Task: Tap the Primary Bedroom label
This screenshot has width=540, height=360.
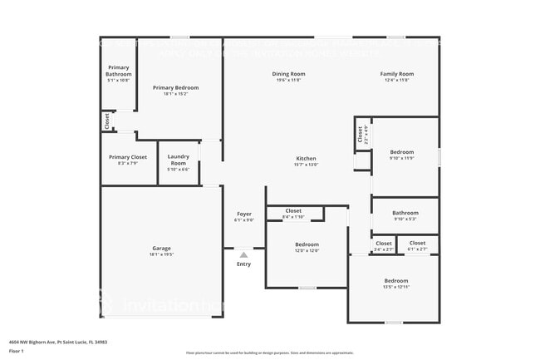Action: (175, 87)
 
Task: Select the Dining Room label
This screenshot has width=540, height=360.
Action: (288, 74)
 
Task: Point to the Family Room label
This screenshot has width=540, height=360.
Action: (397, 74)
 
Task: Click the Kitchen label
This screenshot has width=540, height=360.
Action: (307, 159)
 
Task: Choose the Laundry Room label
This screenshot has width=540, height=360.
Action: (179, 159)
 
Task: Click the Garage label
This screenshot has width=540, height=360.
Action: (161, 249)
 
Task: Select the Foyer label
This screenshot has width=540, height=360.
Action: (243, 215)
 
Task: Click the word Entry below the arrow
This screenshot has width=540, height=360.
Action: (243, 264)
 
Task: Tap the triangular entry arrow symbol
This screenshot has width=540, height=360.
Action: (243, 254)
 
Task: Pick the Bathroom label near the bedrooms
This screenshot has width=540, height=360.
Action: (405, 213)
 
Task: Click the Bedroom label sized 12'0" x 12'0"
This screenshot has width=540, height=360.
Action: (307, 244)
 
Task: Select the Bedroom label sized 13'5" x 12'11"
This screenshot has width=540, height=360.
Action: (395, 281)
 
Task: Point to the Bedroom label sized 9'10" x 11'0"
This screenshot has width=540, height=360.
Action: (402, 152)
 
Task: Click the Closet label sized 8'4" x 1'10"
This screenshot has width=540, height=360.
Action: (293, 211)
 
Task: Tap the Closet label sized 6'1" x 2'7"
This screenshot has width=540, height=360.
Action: (417, 244)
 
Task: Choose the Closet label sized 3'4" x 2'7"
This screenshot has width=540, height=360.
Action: (383, 244)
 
